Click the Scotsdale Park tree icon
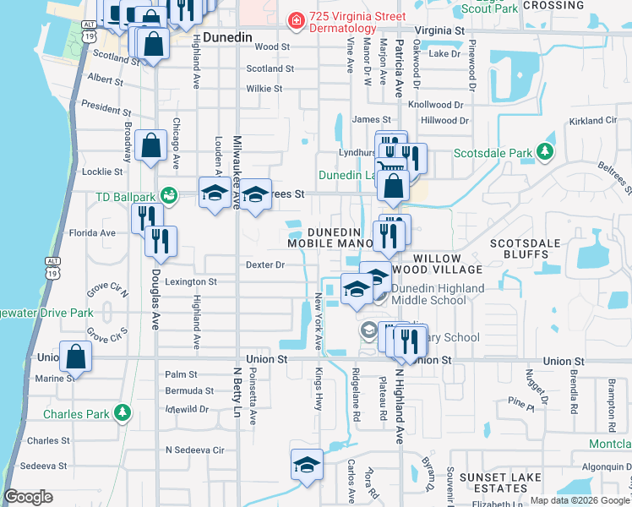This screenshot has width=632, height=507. click(x=546, y=152)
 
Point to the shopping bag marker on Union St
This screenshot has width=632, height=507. click(x=76, y=358)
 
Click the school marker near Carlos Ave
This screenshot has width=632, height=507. click(x=307, y=466)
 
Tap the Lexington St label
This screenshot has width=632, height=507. click(x=191, y=281)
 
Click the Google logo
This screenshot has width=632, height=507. click(x=29, y=497)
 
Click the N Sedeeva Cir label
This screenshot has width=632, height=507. click(x=195, y=450)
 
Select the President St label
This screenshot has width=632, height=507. click(x=106, y=109)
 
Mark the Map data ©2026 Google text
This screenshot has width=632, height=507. click(x=579, y=500)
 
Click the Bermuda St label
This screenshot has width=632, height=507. click(x=189, y=391)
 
